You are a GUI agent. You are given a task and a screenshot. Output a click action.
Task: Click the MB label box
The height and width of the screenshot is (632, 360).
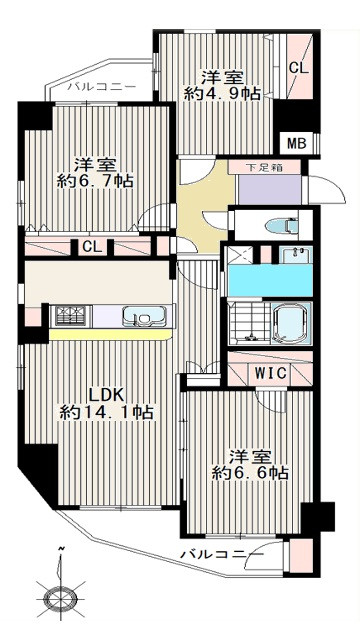297,143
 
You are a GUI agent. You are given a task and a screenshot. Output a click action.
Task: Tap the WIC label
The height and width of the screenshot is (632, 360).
270,373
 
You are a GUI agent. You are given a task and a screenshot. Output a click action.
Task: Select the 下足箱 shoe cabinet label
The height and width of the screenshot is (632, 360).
264,167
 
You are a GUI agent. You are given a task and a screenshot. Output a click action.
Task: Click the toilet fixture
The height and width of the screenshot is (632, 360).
284,226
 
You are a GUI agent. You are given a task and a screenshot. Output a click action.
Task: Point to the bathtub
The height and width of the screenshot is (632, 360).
292,323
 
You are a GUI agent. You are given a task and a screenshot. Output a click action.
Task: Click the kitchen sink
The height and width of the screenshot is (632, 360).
143,316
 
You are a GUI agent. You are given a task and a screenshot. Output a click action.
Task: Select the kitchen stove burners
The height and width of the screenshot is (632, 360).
71,316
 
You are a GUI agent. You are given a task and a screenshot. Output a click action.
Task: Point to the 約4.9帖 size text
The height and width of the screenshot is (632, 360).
222,94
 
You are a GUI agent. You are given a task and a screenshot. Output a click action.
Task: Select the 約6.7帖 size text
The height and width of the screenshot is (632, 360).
95,182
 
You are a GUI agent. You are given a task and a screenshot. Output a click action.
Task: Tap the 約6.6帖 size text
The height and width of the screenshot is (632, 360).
250,472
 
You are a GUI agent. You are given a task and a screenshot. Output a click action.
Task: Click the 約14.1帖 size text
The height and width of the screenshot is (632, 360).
107,412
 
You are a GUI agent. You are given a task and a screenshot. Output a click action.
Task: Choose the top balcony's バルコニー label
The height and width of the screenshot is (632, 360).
102,87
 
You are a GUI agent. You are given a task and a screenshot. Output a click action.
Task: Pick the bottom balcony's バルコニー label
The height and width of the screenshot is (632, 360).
222,555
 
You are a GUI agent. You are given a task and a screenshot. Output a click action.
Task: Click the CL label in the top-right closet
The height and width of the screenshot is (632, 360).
299,68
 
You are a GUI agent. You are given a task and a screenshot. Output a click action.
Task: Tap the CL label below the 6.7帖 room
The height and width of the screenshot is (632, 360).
92,247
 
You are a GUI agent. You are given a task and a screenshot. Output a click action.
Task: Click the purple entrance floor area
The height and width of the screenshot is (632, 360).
269,189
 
